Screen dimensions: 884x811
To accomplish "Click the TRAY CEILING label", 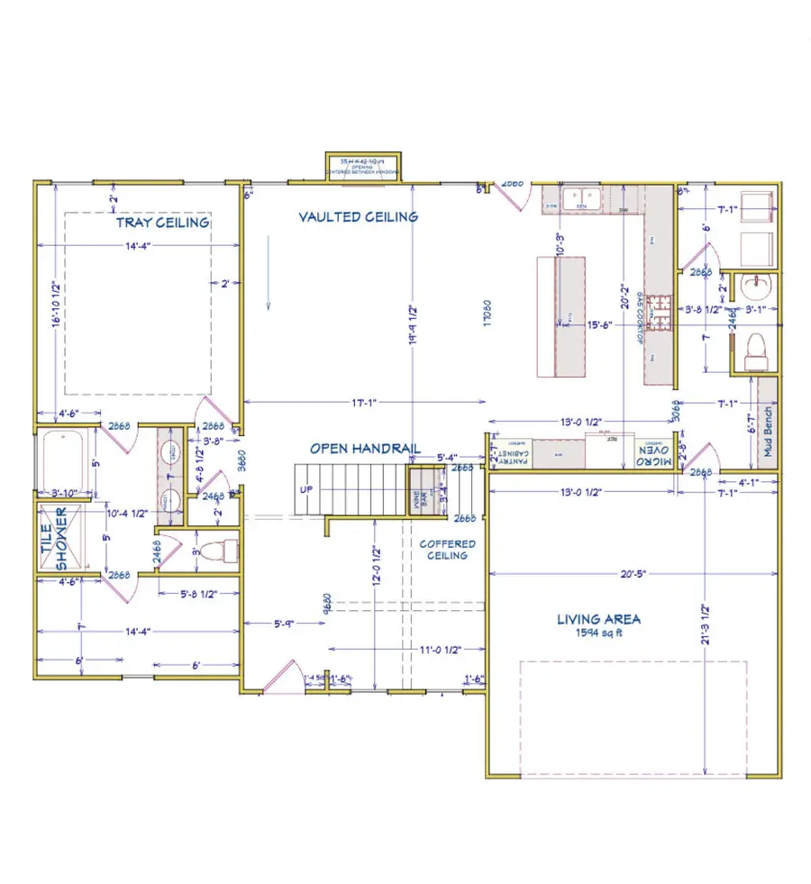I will click(x=162, y=222).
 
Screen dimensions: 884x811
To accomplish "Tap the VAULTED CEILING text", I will click(x=358, y=216).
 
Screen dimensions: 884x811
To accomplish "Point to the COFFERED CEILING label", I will click(x=447, y=550).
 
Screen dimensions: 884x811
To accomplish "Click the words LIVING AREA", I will click(x=598, y=619).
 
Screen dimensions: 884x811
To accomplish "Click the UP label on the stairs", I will click(x=306, y=488).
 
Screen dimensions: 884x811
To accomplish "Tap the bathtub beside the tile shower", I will click(x=62, y=460).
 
